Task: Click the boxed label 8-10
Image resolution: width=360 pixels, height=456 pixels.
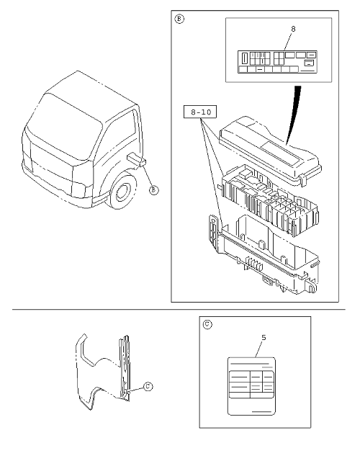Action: tap(200, 112)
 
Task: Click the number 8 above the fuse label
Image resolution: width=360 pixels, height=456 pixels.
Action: tap(293, 29)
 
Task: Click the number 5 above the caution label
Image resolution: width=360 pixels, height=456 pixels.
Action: tap(264, 338)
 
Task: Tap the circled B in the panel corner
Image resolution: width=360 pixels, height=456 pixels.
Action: tap(179, 19)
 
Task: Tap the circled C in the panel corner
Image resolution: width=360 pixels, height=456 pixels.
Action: tap(207, 325)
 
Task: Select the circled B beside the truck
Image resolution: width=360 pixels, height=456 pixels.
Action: tap(153, 190)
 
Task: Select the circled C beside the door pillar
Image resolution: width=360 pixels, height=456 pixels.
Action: tap(148, 387)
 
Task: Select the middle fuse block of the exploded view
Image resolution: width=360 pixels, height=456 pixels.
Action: tap(269, 201)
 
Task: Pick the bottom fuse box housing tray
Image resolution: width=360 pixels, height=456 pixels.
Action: tap(264, 254)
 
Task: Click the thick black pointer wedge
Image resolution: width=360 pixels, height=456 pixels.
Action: tap(293, 115)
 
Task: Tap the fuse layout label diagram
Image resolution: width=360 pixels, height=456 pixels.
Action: tap(277, 62)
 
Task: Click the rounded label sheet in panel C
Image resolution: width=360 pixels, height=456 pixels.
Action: tap(251, 386)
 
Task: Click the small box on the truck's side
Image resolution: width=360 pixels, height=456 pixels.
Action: tap(136, 158)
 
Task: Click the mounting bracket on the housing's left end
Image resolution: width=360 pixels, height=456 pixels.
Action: tap(214, 233)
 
